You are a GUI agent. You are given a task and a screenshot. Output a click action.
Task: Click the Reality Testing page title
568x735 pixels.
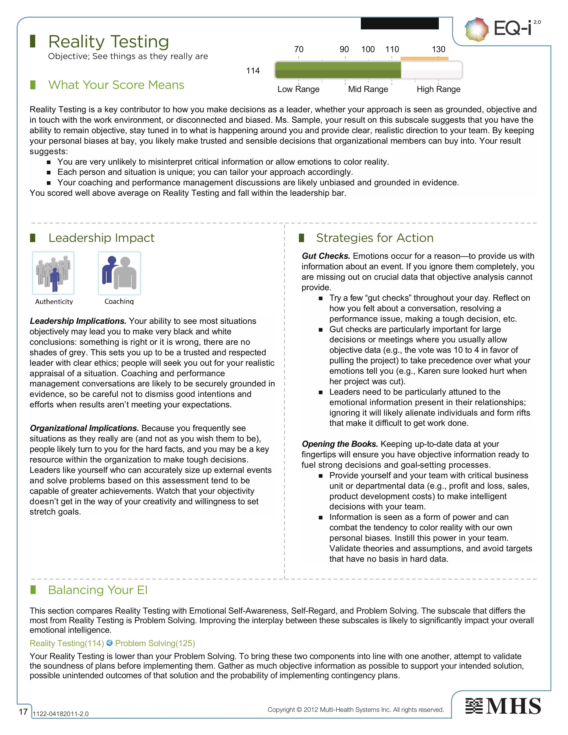pyautogui.click(x=108, y=42)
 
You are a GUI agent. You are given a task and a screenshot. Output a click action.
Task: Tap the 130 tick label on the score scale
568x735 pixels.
pyautogui.click(x=438, y=49)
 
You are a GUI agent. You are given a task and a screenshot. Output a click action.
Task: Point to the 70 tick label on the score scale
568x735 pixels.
pyautogui.click(x=299, y=49)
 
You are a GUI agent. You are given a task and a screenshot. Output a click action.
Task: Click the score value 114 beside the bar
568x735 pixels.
pyautogui.click(x=253, y=71)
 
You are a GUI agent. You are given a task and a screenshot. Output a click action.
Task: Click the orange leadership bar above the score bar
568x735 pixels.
pyautogui.click(x=424, y=59)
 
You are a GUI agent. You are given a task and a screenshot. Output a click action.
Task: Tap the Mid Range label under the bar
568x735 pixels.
pyautogui.click(x=368, y=89)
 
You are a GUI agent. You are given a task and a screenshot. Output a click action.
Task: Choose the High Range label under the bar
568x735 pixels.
pyautogui.click(x=438, y=89)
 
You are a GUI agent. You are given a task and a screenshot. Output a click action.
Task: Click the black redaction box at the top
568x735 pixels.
pyautogui.click(x=400, y=23)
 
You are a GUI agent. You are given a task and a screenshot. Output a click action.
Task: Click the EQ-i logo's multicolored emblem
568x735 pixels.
pyautogui.click(x=476, y=30)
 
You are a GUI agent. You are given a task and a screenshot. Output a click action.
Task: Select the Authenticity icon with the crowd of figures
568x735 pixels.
pyautogui.click(x=53, y=273)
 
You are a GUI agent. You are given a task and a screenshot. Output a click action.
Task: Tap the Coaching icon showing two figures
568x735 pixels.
pyautogui.click(x=119, y=273)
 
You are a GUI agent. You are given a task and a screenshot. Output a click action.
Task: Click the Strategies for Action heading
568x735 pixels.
pyautogui.click(x=375, y=238)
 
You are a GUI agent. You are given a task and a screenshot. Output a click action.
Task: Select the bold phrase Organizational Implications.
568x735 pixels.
pyautogui.click(x=84, y=428)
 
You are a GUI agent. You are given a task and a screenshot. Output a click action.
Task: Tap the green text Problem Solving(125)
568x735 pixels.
pyautogui.click(x=155, y=643)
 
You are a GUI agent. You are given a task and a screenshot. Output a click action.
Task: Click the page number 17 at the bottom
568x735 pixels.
pyautogui.click(x=23, y=712)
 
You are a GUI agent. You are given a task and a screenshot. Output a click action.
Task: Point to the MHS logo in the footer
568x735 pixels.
pyautogui.click(x=503, y=706)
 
